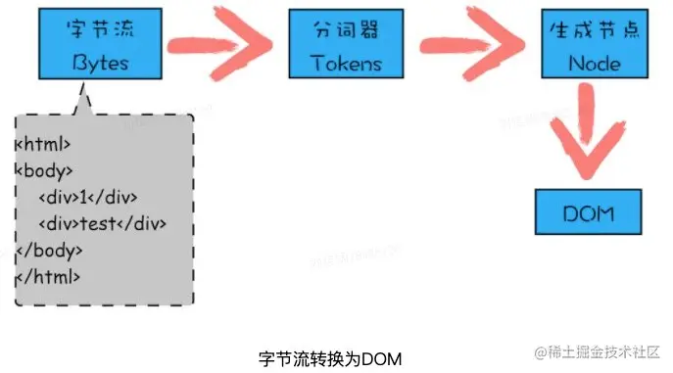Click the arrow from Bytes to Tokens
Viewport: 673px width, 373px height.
coord(215,45)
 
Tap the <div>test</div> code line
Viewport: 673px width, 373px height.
coord(102,224)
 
